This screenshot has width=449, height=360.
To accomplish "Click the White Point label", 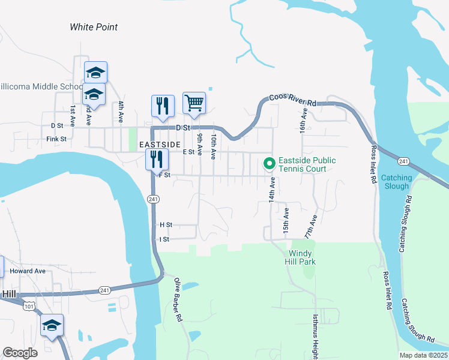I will (x=94, y=27).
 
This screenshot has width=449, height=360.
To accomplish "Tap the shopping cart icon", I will (x=194, y=103).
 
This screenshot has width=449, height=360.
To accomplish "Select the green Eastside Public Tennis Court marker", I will (x=270, y=163).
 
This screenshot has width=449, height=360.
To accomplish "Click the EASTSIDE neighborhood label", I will (x=160, y=145).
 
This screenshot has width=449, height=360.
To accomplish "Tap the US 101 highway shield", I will (x=28, y=307).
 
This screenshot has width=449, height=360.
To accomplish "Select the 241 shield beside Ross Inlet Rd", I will (x=403, y=161).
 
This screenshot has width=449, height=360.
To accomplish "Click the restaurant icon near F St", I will (x=155, y=160).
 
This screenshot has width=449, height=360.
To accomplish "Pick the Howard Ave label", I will (x=28, y=271).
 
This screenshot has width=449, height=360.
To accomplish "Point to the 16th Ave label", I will (x=304, y=121).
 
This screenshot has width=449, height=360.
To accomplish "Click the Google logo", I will (x=20, y=353).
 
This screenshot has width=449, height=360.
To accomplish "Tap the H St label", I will (x=166, y=225).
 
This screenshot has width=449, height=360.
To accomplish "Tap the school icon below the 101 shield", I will (x=52, y=325).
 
